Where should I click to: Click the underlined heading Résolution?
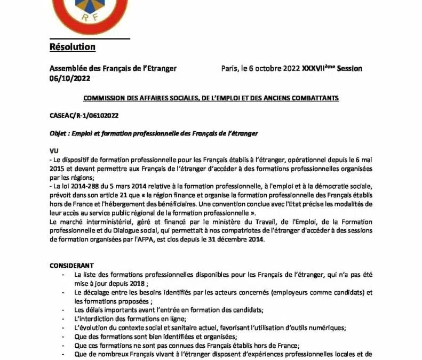(x=72, y=47)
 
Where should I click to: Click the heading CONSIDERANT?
(x=71, y=265)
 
